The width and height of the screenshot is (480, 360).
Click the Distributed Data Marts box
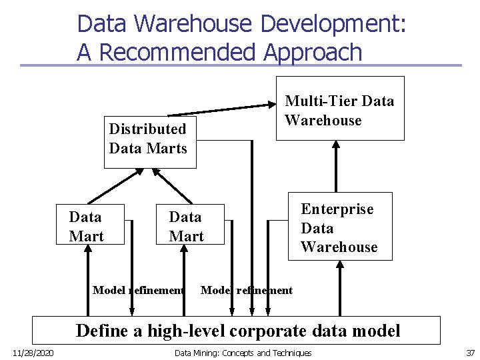149,139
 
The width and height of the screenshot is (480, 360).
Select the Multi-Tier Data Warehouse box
340,111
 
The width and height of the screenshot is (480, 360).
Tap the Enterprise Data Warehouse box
339,228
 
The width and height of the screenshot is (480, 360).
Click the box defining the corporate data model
237,331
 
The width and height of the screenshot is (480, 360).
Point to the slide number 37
470,353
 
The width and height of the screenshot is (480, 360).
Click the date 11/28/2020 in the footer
33,353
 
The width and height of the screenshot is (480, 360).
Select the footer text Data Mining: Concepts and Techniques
243,353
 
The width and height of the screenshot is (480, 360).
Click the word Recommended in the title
177,52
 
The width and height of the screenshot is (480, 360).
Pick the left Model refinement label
138,290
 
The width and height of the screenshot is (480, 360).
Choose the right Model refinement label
247,290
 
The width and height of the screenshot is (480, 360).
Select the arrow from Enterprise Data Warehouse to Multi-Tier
336,167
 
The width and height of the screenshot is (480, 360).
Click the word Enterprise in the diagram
337,209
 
